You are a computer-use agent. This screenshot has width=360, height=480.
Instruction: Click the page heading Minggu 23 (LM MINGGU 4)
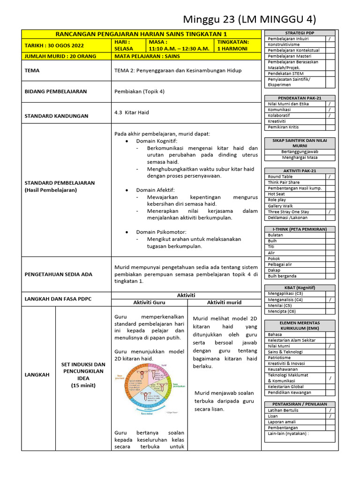[x=249, y=19]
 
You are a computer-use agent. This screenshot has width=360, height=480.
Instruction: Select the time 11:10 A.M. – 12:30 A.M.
[x=179, y=48]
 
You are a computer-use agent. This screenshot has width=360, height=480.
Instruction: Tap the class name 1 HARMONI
[x=232, y=48]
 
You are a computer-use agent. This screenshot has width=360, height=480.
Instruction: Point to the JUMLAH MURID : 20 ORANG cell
[x=60, y=56]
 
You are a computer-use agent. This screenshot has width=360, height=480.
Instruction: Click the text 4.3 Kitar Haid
[x=132, y=112]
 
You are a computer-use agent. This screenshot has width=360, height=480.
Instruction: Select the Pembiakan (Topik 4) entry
[x=140, y=91]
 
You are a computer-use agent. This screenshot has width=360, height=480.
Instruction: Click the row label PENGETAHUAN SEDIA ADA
[x=59, y=274]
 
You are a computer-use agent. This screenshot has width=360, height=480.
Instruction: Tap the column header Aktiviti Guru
[x=149, y=303]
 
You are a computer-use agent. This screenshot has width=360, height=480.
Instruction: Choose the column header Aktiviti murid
[x=224, y=303]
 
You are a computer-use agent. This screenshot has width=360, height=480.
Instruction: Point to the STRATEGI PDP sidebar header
[x=300, y=33]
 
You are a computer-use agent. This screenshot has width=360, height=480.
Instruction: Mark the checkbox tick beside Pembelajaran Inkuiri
[x=330, y=39]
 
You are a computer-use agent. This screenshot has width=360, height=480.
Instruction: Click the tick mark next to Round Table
[x=330, y=177]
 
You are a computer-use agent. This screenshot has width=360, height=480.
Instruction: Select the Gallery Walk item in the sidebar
[x=280, y=206]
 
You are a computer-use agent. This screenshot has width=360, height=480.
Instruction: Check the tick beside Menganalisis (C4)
[x=330, y=300]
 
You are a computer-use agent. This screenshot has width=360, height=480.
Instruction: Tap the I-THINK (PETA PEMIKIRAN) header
[x=300, y=229]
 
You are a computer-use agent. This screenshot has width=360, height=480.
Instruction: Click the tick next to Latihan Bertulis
[x=330, y=410]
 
